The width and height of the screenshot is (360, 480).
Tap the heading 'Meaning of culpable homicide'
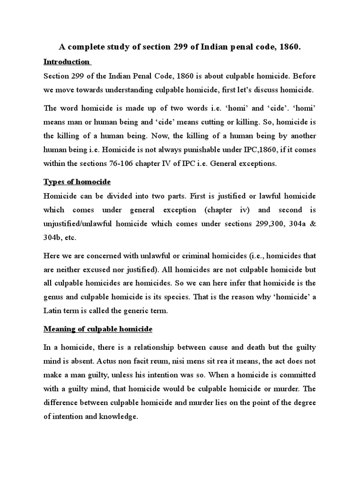click(x=98, y=330)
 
